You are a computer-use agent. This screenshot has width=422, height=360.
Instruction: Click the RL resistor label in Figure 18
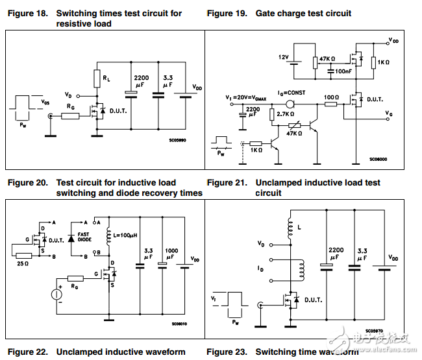click(106, 79)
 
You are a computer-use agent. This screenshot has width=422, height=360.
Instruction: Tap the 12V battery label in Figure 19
click(284, 57)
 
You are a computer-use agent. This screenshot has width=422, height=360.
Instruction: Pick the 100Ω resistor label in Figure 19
click(331, 96)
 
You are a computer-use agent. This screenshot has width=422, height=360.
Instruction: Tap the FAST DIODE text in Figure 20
click(84, 238)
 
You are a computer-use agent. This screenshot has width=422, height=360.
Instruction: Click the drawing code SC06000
click(378, 159)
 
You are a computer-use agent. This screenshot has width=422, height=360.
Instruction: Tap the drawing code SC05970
click(374, 330)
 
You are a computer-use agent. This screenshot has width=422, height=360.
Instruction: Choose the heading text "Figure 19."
click(227, 13)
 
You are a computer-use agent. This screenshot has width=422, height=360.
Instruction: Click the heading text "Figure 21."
click(227, 183)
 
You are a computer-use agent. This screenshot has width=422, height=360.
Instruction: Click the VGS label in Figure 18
click(45, 102)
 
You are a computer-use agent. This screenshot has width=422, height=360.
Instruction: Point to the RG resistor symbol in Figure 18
click(71, 116)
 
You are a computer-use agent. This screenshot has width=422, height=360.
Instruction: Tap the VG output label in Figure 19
click(388, 114)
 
